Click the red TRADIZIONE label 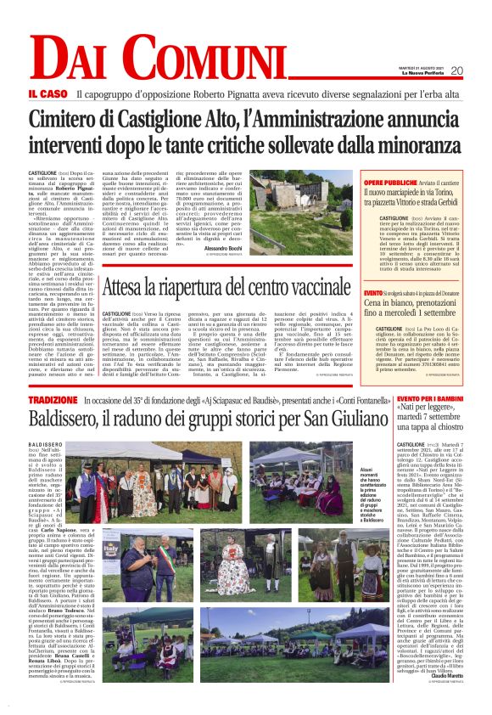point(52,399)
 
